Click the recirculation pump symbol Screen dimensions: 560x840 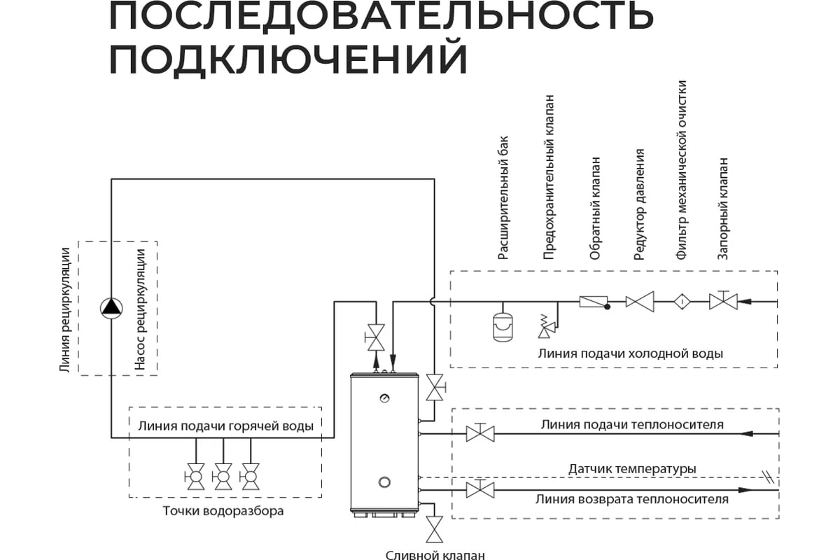111,308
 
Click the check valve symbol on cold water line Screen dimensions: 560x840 593,302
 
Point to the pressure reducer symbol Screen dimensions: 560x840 639,302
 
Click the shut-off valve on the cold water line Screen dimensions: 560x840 723,301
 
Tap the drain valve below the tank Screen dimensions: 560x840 435,528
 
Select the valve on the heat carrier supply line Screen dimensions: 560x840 480,433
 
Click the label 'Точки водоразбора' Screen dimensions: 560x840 223,511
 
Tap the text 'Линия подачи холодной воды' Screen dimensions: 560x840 630,353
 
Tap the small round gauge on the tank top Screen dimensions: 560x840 384,398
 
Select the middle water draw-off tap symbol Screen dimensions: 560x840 223,477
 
